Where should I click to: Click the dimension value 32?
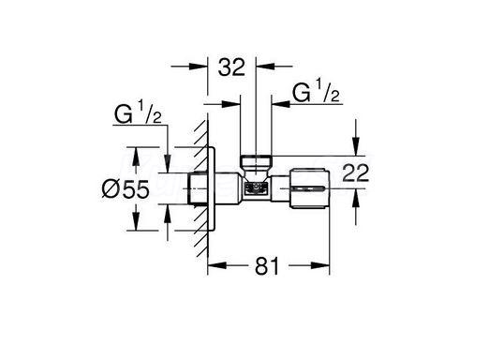point(231,67)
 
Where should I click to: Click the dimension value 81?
point(267,266)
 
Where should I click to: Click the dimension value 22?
point(356,172)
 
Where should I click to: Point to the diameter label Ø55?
point(126,189)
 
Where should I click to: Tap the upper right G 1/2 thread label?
point(316,91)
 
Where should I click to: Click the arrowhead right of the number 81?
point(320,265)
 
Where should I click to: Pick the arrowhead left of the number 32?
point(199,67)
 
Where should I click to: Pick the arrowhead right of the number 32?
point(265,67)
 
